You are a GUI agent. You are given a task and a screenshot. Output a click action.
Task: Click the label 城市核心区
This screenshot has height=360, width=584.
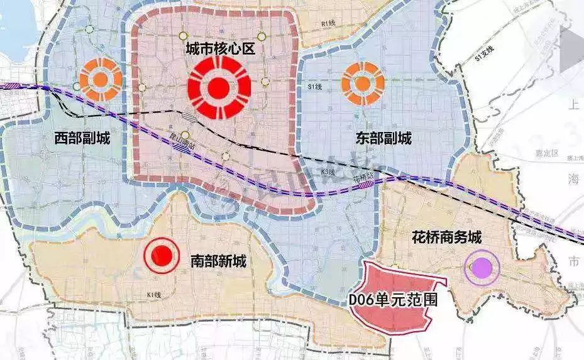219,49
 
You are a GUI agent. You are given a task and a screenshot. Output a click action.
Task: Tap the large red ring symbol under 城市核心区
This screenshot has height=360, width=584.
219,89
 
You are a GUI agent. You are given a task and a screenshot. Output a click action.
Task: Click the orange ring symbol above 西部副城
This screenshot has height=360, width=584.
101,80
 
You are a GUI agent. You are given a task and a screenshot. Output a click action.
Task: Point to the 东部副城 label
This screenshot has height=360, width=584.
375,138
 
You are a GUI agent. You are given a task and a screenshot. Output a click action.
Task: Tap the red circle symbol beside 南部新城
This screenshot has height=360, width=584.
162,255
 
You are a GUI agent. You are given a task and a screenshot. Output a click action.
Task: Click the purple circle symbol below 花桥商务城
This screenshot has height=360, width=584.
482,269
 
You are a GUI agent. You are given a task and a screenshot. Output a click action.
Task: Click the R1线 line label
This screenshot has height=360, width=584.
328,23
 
